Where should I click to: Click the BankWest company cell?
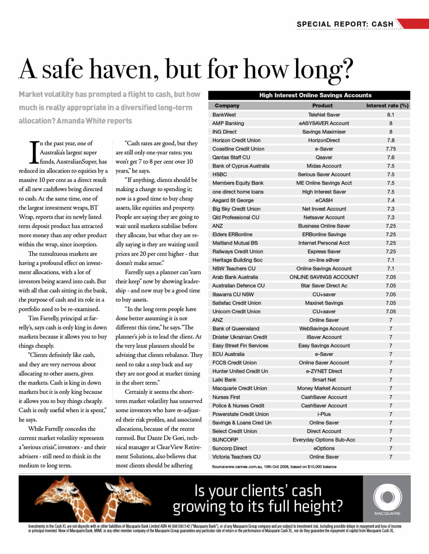[224, 115]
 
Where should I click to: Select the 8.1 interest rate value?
[390, 115]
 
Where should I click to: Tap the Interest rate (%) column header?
[387, 105]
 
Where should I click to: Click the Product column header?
[322, 105]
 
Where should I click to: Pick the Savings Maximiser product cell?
[324, 132]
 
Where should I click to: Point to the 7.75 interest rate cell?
[391, 149]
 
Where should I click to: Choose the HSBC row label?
[220, 174]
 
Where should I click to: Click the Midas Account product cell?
[324, 166]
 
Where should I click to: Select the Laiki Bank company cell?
[224, 380]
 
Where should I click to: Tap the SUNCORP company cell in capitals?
[225, 440]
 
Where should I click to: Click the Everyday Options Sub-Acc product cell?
[324, 440]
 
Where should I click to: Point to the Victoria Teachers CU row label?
[236, 457]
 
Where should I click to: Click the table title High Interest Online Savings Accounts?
[315, 95]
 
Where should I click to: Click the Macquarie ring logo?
[387, 497]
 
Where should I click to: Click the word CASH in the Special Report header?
[382, 24]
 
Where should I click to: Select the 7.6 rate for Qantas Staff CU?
[391, 157]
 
